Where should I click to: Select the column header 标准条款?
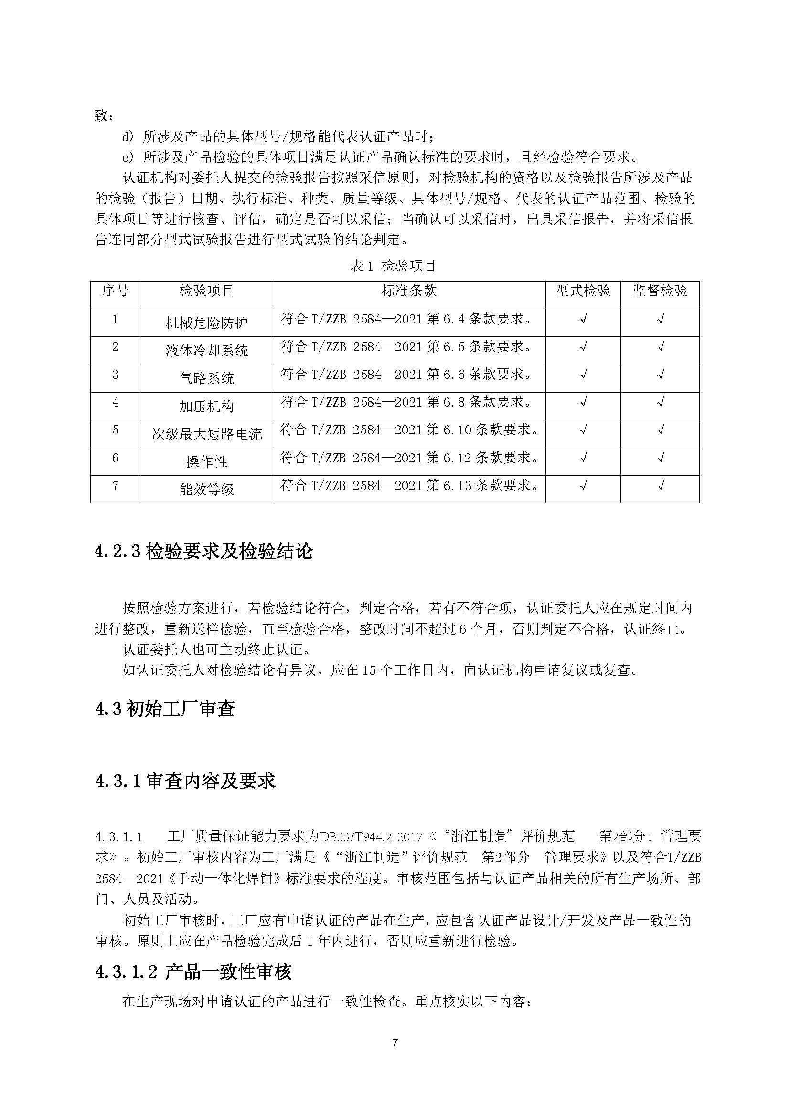(409, 291)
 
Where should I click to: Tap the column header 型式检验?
(583, 291)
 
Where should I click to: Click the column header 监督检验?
(660, 291)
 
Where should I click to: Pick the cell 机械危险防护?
(207, 323)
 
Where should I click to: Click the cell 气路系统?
(207, 378)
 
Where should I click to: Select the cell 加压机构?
(207, 407)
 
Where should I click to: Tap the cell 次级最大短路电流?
(207, 434)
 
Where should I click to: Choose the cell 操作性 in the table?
(207, 462)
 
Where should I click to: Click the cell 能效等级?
(207, 490)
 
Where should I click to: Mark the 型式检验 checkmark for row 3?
(583, 375)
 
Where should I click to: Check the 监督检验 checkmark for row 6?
(660, 458)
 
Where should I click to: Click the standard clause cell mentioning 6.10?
(409, 430)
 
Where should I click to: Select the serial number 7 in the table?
(115, 486)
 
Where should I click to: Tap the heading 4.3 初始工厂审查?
(165, 709)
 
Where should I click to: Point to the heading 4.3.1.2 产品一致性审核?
(193, 971)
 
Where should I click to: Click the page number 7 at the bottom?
(395, 1042)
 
